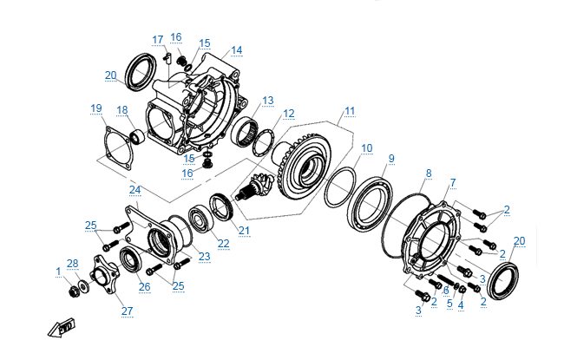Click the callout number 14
[236, 49]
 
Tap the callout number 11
[349, 111]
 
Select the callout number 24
[134, 188]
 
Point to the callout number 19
[95, 108]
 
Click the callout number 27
[127, 310]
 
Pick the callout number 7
[452, 182]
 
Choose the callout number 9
[390, 158]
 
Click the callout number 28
[73, 264]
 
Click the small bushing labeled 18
[136, 136]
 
